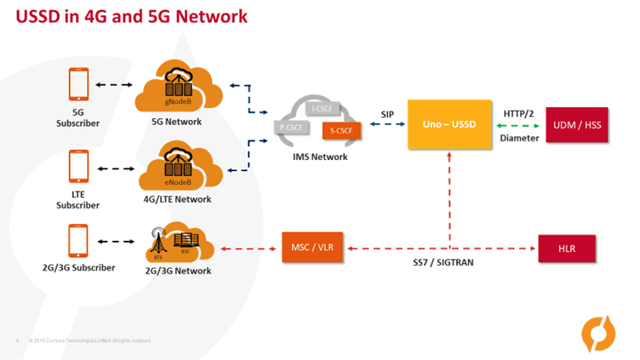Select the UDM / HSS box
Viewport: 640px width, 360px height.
[577, 124]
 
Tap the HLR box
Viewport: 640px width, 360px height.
[567, 248]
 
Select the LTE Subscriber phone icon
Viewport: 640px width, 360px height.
[77, 168]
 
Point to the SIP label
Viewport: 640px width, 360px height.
[387, 114]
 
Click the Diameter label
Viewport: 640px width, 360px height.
[518, 137]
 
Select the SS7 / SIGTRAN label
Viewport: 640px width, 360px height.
[437, 263]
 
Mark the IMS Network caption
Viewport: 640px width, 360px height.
[315, 157]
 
